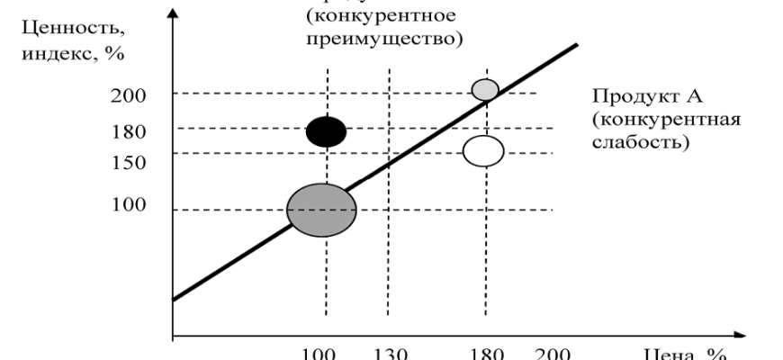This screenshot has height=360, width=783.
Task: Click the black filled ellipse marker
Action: (x=326, y=131)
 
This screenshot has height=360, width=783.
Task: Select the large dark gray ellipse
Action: (x=321, y=210)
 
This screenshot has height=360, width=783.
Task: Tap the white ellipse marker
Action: (x=483, y=150)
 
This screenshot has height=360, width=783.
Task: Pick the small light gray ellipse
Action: (x=485, y=89)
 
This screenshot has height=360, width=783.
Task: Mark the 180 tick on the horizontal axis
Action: (x=484, y=353)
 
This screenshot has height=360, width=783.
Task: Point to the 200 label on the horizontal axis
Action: (x=548, y=353)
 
